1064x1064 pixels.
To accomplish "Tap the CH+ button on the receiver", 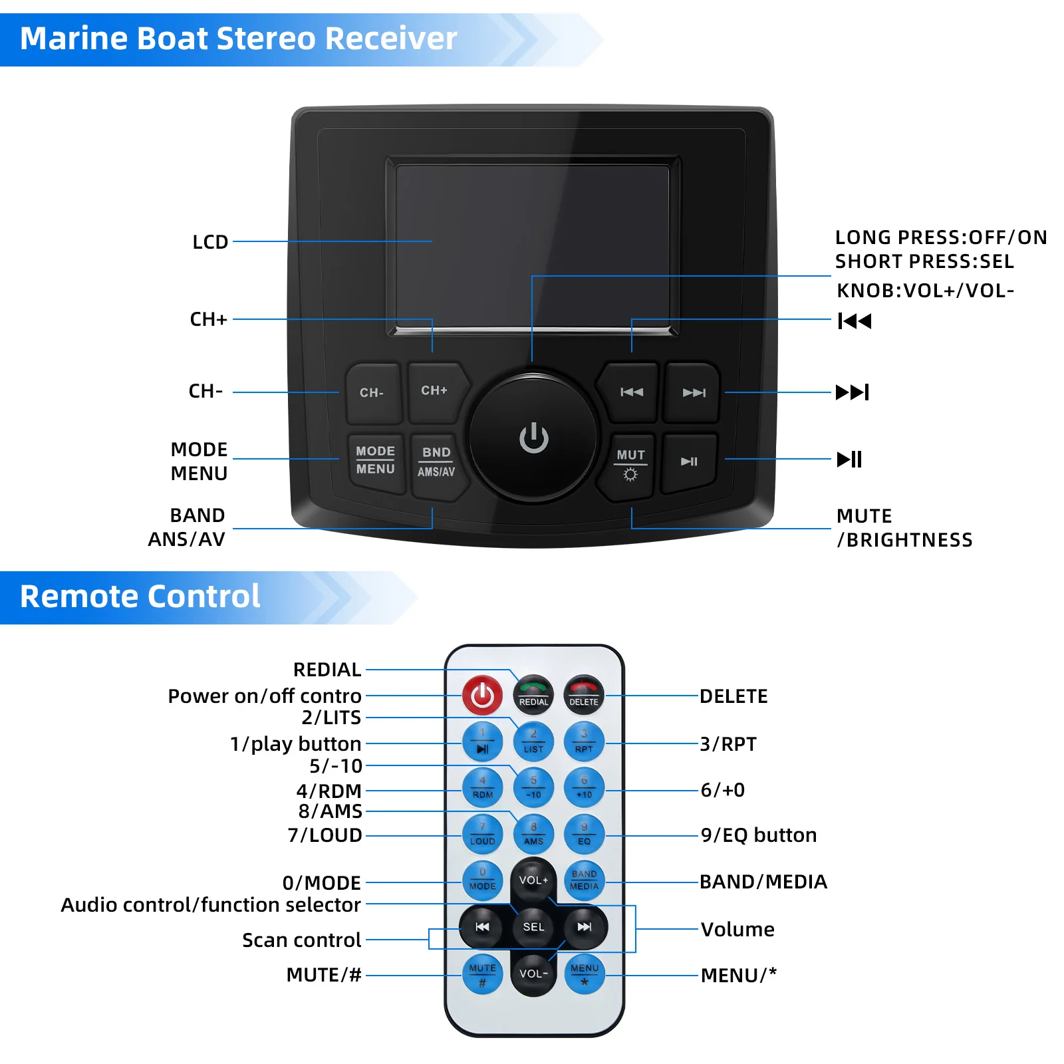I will click(435, 392).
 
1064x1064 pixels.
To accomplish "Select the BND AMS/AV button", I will click(436, 462).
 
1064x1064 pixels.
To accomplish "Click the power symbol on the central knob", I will click(533, 438).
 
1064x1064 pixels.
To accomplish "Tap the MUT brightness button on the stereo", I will click(630, 464).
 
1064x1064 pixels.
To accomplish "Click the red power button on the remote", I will click(482, 696).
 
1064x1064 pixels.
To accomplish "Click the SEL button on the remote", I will click(533, 927).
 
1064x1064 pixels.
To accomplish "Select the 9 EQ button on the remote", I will click(584, 835).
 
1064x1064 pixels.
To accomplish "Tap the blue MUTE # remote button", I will click(482, 974).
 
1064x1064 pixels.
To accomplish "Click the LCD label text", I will click(210, 242).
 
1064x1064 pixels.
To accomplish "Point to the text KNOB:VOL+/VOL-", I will click(925, 291).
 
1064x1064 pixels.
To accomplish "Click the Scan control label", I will click(301, 940).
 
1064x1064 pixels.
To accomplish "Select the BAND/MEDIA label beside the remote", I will click(763, 882).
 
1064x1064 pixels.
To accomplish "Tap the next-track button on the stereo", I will click(693, 393).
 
